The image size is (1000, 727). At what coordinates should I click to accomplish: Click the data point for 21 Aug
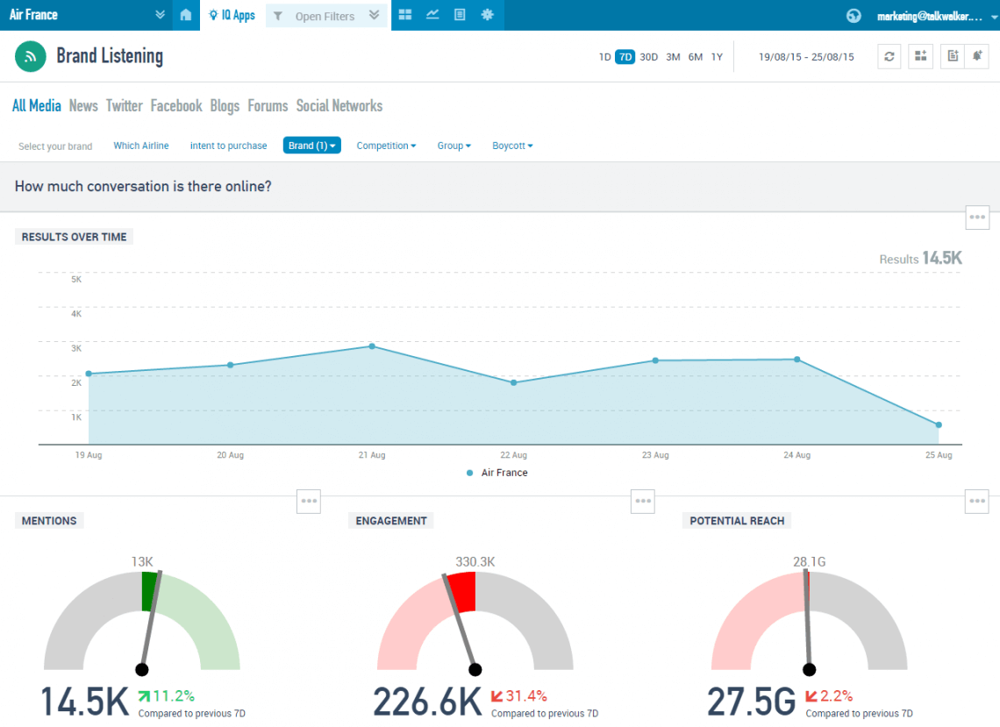372,346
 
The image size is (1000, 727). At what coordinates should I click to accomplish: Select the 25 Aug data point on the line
939,425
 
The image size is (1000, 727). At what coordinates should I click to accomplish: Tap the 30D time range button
648,57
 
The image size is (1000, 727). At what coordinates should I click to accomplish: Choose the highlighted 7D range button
625,57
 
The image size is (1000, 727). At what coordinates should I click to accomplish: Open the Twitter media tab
124,106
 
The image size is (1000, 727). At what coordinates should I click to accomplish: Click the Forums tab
268,106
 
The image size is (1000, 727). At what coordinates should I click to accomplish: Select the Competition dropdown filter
386,146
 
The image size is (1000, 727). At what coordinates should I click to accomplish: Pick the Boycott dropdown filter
512,146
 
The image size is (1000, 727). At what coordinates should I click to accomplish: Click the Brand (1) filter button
311,146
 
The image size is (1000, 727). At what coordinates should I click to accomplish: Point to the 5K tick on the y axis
76,280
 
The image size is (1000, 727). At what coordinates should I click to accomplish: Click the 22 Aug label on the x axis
513,456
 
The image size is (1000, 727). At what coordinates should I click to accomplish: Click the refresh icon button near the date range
889,56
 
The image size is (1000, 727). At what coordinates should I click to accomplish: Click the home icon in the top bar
185,15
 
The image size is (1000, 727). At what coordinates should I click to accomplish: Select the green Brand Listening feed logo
31,56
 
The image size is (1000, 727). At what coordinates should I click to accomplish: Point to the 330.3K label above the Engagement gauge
475,562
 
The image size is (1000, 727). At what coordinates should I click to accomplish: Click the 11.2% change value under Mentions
174,696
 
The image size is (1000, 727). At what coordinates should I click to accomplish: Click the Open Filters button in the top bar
325,16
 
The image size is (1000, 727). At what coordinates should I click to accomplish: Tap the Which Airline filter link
141,146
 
